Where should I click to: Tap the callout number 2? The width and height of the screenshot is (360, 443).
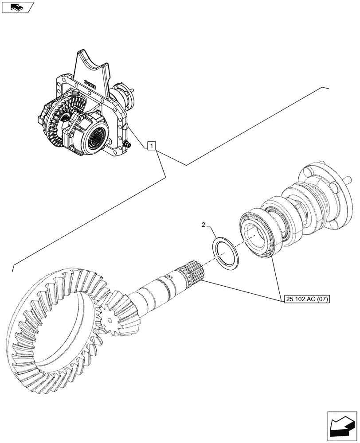203,225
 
